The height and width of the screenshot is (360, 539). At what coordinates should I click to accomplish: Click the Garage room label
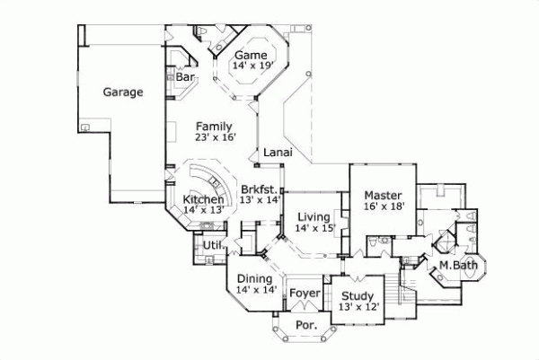[x=123, y=92]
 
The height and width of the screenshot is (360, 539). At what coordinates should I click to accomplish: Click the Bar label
[x=185, y=78]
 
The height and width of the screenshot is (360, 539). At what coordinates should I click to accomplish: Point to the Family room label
[x=215, y=126]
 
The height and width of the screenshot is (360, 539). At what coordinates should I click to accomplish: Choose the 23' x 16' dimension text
[x=215, y=137]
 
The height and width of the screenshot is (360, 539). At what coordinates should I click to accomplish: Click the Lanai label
[x=274, y=154]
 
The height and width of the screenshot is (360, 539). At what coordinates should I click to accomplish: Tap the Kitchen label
[x=203, y=198]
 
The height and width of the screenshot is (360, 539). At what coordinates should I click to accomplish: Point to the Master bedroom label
[x=384, y=194]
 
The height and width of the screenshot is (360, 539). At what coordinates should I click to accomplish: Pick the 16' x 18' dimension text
[x=384, y=206]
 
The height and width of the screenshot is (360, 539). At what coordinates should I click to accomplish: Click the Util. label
[x=212, y=244]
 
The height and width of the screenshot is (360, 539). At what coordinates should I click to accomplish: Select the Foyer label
[x=302, y=293]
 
